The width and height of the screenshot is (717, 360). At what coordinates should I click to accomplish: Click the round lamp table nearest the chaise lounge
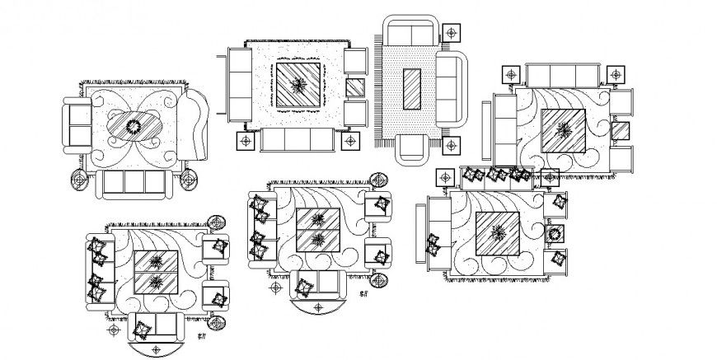coord(189,180)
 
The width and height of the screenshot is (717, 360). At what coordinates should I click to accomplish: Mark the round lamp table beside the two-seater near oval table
coord(78,179)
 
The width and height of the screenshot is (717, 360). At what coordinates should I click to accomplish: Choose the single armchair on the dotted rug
coord(411,149)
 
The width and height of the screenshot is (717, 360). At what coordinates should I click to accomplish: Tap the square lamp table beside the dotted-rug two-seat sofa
coord(452,34)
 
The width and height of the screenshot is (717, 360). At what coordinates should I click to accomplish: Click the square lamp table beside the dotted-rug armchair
coord(451,147)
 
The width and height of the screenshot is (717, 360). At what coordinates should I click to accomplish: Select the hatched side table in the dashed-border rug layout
coord(355,86)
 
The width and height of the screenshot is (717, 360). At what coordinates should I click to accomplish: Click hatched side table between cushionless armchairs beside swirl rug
coord(620,131)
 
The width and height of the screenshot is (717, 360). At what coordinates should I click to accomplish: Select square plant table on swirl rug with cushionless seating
coord(564,129)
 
